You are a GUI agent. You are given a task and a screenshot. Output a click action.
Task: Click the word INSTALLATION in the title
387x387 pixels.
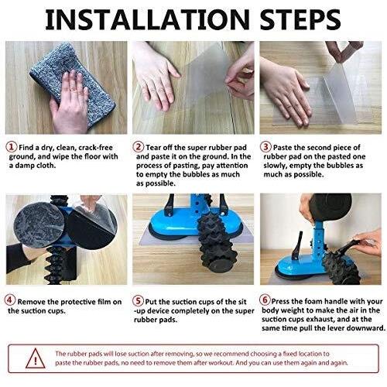pyautogui.click(x=147, y=20)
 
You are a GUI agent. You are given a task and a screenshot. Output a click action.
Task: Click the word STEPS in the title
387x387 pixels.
pyautogui.click(x=300, y=20)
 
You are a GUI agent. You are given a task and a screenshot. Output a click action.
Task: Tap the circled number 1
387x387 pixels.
pyautogui.click(x=12, y=147)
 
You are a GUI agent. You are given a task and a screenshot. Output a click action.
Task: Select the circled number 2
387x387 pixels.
pyautogui.click(x=139, y=147)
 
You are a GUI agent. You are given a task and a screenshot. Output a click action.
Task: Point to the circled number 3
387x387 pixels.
pyautogui.click(x=265, y=147)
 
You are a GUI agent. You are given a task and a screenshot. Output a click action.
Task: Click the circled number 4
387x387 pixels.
pyautogui.click(x=10, y=300)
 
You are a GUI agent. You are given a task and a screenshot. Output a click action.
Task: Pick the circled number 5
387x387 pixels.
pyautogui.click(x=138, y=300)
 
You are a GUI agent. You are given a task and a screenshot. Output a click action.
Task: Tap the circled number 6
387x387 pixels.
pyautogui.click(x=265, y=300)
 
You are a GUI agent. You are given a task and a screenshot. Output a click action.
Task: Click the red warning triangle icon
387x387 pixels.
pyautogui.click(x=36, y=358)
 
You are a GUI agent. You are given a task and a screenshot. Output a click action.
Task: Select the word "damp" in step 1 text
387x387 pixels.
pyautogui.click(x=25, y=166)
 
